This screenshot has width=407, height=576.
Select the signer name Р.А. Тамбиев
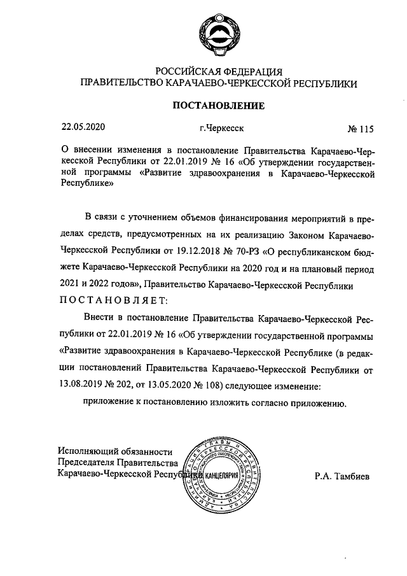(x=341, y=475)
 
